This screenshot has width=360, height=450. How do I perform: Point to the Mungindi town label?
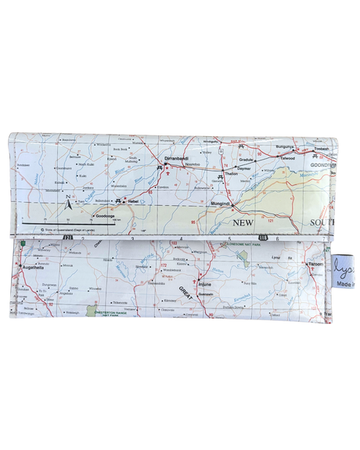pos(221,203)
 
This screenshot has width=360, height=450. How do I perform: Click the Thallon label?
pos(231,173)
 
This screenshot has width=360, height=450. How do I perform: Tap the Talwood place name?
pos(287,159)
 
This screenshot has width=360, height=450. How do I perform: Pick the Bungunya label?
pos(283,146)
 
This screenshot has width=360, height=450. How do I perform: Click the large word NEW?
pos(243,222)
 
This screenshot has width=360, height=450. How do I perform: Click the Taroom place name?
pos(315,264)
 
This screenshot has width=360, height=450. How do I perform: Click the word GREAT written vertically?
pos(187,299)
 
